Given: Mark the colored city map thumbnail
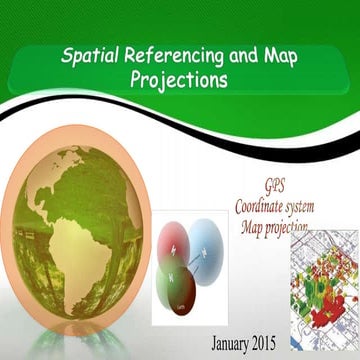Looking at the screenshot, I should click(x=323, y=290).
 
